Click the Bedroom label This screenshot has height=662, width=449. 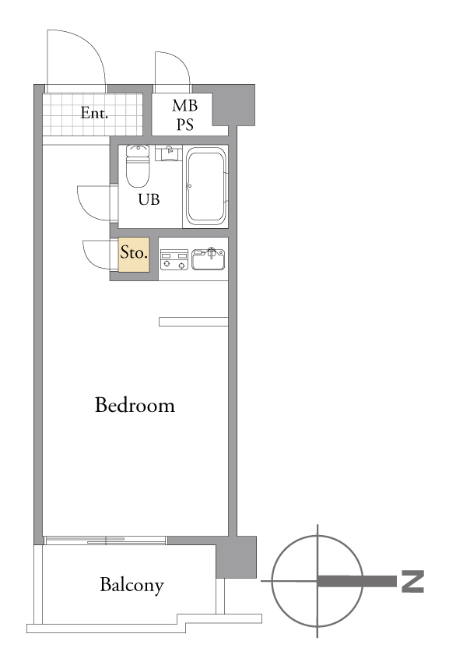point(135,405)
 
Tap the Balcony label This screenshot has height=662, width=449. point(132,585)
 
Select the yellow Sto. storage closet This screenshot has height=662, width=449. point(134,254)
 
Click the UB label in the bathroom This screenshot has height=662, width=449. point(149,199)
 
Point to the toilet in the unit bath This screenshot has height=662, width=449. point(138,165)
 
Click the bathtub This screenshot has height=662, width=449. point(206,186)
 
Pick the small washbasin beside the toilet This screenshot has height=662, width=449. point(169,153)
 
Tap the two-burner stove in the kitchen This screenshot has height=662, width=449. point(174,259)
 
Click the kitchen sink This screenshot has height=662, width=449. point(209,259)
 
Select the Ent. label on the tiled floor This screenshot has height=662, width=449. point(94,113)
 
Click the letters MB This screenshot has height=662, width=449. point(185,106)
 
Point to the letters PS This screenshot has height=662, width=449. point(185,125)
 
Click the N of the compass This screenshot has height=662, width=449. point(412,581)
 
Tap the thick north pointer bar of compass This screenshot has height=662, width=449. point(357,581)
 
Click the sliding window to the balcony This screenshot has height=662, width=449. point(106,541)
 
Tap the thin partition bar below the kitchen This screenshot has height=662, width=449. point(194,322)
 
